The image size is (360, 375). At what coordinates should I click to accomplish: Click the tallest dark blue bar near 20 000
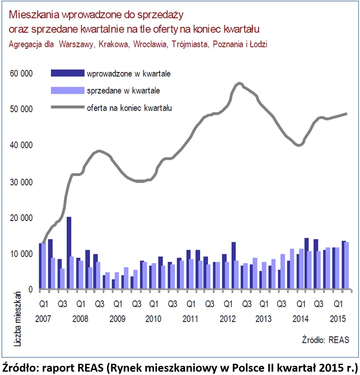[69, 252]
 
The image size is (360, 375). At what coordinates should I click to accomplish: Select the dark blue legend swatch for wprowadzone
[67, 74]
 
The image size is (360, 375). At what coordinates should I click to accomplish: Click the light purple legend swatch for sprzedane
[67, 90]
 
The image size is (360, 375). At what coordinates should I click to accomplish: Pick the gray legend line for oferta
[67, 107]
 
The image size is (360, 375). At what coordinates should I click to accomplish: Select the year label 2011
[191, 319]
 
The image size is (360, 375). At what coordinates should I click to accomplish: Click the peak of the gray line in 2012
[239, 84]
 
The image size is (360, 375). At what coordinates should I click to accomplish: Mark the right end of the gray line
[347, 114]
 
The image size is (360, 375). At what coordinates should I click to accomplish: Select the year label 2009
[118, 319]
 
